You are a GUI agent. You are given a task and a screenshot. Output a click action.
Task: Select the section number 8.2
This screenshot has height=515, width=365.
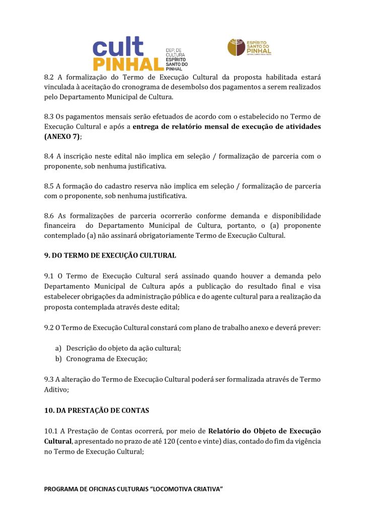click(49, 77)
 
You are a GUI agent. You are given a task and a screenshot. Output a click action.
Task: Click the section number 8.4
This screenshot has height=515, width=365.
click(49, 156)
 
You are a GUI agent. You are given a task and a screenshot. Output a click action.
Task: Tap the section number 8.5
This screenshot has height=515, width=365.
click(49, 186)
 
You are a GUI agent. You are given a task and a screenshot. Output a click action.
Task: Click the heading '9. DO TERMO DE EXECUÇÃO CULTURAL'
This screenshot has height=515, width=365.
click(110, 255)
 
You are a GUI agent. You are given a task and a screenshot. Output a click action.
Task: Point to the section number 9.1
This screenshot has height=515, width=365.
click(49, 276)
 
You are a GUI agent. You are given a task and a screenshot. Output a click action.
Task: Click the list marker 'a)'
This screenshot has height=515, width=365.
click(58, 348)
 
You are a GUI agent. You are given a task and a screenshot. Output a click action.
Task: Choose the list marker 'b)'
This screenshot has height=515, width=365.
click(58, 359)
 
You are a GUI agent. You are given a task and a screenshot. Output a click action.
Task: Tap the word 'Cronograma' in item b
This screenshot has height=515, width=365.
click(85, 359)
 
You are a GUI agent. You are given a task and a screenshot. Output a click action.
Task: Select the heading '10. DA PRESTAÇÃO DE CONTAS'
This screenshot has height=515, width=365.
click(97, 410)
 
